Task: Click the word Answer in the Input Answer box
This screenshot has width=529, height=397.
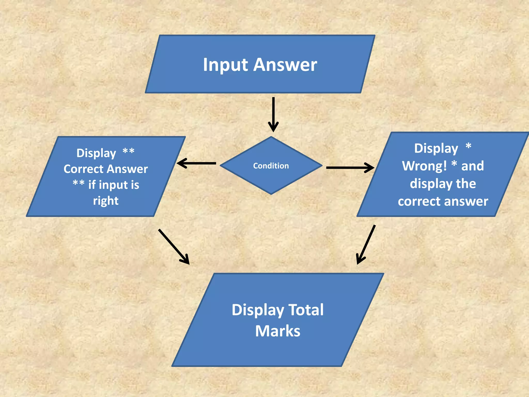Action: pos(285,65)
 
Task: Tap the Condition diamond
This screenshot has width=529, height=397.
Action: pos(271,166)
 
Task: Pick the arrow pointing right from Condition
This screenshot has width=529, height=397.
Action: pos(350,167)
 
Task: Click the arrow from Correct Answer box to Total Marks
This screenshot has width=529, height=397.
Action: pos(174,247)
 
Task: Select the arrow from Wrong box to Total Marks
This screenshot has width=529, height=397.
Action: pos(366,245)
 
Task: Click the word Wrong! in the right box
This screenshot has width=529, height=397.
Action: pos(424,166)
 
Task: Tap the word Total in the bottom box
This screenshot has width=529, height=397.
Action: pos(306,310)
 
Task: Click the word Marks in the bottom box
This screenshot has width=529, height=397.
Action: pos(278,331)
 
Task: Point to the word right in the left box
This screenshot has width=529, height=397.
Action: pos(106,201)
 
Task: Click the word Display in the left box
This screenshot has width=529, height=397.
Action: pos(96,153)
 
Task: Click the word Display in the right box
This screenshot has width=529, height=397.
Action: pos(436,148)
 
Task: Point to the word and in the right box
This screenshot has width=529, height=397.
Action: pos(472,166)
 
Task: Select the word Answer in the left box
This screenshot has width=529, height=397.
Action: pos(127,169)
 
